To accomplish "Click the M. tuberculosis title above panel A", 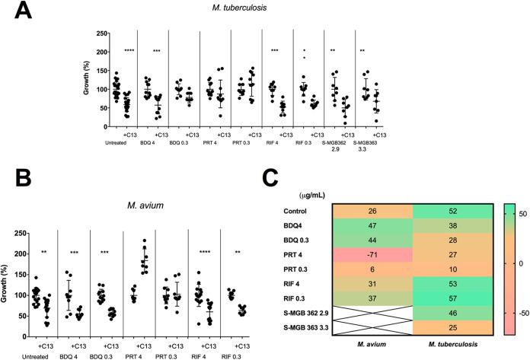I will pyautogui.click(x=274, y=9).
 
